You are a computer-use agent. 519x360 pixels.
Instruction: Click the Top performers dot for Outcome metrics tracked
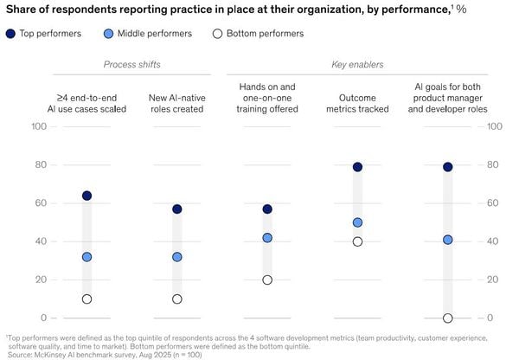pyautogui.click(x=357, y=167)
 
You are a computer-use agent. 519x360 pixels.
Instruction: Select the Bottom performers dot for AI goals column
pyautogui.click(x=447, y=318)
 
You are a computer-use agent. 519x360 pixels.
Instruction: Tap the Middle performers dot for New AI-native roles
pyautogui.click(x=177, y=257)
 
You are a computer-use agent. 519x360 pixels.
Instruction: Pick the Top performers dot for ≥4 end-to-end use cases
pyautogui.click(x=86, y=196)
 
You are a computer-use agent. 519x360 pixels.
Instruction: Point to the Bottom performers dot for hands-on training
pyautogui.click(x=267, y=280)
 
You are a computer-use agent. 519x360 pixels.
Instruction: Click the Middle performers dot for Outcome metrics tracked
pyautogui.click(x=357, y=222)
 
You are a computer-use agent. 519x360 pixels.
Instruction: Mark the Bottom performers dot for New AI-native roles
pyautogui.click(x=177, y=299)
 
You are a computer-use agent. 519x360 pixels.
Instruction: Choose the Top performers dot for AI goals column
pyautogui.click(x=447, y=167)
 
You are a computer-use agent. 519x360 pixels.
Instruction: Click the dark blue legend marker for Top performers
pyautogui.click(x=10, y=34)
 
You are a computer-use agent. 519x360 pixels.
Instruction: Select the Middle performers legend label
pyautogui.click(x=155, y=34)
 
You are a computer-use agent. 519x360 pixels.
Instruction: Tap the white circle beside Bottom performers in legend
pyautogui.click(x=217, y=34)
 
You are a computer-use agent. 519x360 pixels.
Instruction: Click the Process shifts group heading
pyautogui.click(x=132, y=64)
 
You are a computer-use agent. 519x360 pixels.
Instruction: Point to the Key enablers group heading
pyautogui.click(x=357, y=64)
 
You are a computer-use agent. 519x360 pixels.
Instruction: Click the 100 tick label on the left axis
pyautogui.click(x=39, y=126)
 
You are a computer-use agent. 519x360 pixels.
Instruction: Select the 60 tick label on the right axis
pyautogui.click(x=492, y=203)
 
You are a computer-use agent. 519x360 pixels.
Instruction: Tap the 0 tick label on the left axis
pyautogui.click(x=44, y=318)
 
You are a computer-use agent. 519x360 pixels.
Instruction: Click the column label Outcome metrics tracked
pyautogui.click(x=357, y=103)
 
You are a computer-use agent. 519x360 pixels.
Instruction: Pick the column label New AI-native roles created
pyautogui.click(x=177, y=103)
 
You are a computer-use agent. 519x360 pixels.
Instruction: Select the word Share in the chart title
pyautogui.click(x=18, y=10)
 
